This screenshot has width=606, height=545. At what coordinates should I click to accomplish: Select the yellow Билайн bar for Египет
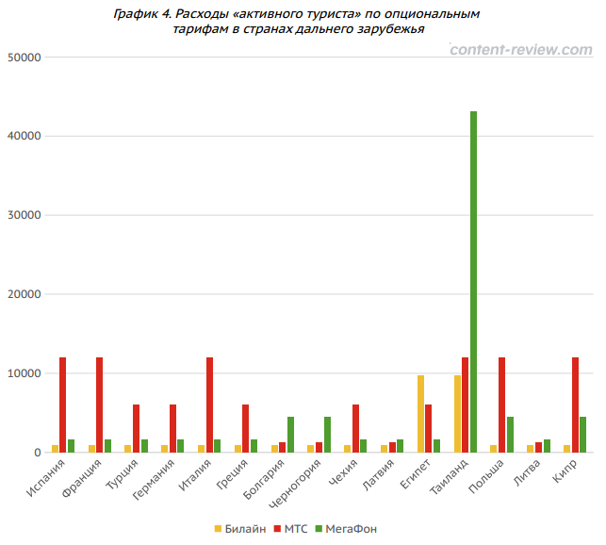421,414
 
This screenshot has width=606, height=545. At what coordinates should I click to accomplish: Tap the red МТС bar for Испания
63,405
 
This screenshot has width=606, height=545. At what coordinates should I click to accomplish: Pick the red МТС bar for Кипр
575,405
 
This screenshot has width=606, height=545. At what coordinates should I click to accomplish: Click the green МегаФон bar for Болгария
290,435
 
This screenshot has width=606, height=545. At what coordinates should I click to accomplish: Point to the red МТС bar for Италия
209,405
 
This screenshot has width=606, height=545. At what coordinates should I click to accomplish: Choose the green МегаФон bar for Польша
510,435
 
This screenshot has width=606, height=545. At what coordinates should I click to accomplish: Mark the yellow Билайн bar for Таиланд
458,414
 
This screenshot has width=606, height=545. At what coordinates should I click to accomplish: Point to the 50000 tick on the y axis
25,57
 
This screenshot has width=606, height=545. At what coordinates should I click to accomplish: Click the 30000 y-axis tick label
25,215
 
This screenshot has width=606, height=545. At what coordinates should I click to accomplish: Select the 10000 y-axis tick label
25,373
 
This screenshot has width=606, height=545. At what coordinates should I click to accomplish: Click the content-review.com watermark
519,49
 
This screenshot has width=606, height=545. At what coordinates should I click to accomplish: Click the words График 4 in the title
141,13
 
